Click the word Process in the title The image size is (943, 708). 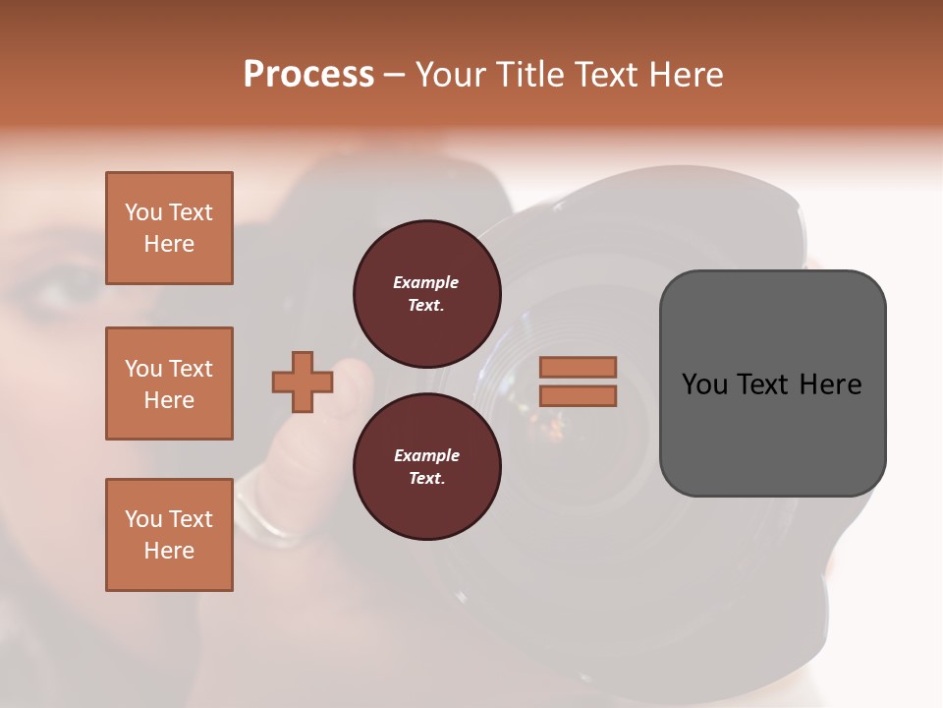pos(308,75)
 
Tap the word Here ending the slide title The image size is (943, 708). pos(680,75)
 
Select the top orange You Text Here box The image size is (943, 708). pos(169,228)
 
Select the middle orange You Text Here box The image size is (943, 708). pos(169,383)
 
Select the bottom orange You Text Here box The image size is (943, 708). pos(169,535)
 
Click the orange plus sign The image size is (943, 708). pos(302,382)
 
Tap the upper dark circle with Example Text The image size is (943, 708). pos(426,293)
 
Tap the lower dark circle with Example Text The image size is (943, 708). pos(426,466)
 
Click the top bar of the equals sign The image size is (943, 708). pos(578,367)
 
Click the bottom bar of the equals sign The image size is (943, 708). pos(578,396)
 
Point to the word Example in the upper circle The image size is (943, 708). pos(425,282)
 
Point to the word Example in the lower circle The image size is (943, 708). pos(426,455)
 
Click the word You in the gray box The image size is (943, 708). pos(704,384)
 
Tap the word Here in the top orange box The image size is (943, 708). pos(169,244)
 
